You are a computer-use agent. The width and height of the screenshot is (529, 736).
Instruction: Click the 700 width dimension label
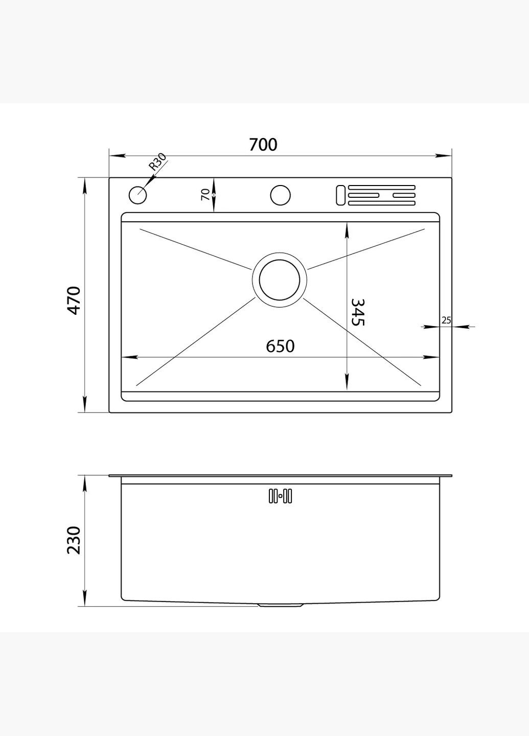tap(263, 145)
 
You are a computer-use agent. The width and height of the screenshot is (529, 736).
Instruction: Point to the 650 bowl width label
tap(280, 347)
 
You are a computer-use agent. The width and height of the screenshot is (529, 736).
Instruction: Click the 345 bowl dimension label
tap(357, 312)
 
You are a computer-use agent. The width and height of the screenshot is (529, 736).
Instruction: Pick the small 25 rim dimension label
tap(446, 320)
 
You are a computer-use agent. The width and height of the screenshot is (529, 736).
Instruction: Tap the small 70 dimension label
tap(205, 195)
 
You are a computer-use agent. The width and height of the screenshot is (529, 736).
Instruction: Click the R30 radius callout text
tap(158, 162)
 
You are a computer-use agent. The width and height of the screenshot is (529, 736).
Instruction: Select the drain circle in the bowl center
tap(280, 280)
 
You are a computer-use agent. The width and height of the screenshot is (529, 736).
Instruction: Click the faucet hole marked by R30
tap(137, 195)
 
